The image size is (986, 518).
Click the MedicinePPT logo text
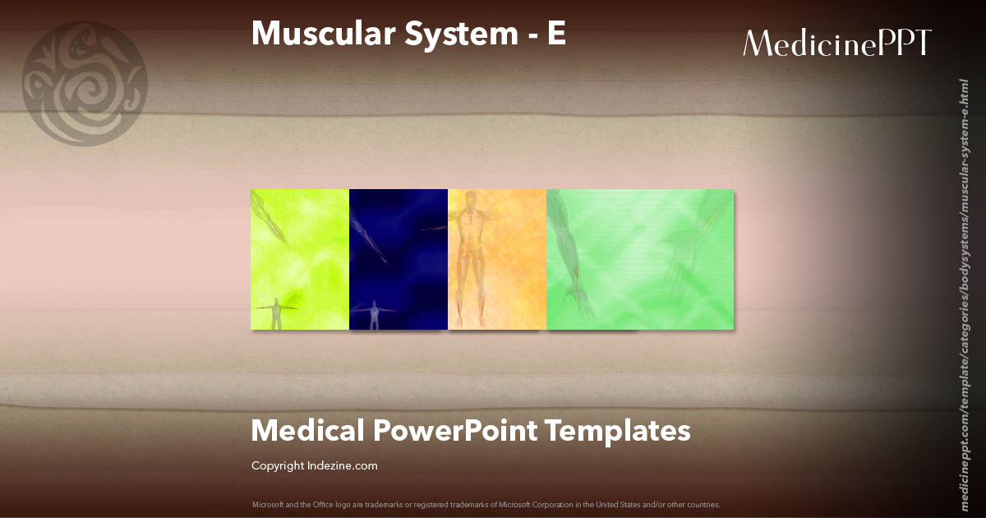pos(836,43)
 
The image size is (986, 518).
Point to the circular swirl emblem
pos(85,84)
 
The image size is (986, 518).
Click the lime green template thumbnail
pos(300,259)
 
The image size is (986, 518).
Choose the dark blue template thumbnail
pos(399,259)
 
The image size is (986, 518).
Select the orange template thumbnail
pos(497,259)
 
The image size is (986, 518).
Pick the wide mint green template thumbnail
pos(640,259)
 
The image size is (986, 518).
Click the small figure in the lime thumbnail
pos(278,313)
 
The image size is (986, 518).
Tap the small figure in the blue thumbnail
pos(376,313)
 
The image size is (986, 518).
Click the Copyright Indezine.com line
pos(315,466)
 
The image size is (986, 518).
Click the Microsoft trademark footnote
pos(486,504)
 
